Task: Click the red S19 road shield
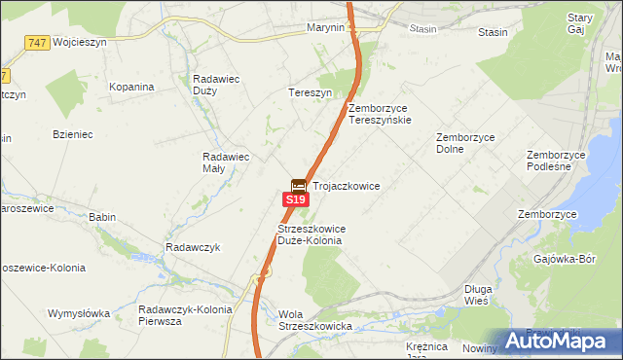coord(296,199)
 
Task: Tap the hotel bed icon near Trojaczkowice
coord(299,185)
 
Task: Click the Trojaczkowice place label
coord(346,185)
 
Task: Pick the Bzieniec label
coord(73,134)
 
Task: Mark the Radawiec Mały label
coord(226,162)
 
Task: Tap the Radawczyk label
coord(193,247)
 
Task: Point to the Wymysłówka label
coord(81,313)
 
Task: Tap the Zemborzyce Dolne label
coord(465,143)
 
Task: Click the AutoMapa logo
coord(562,341)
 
